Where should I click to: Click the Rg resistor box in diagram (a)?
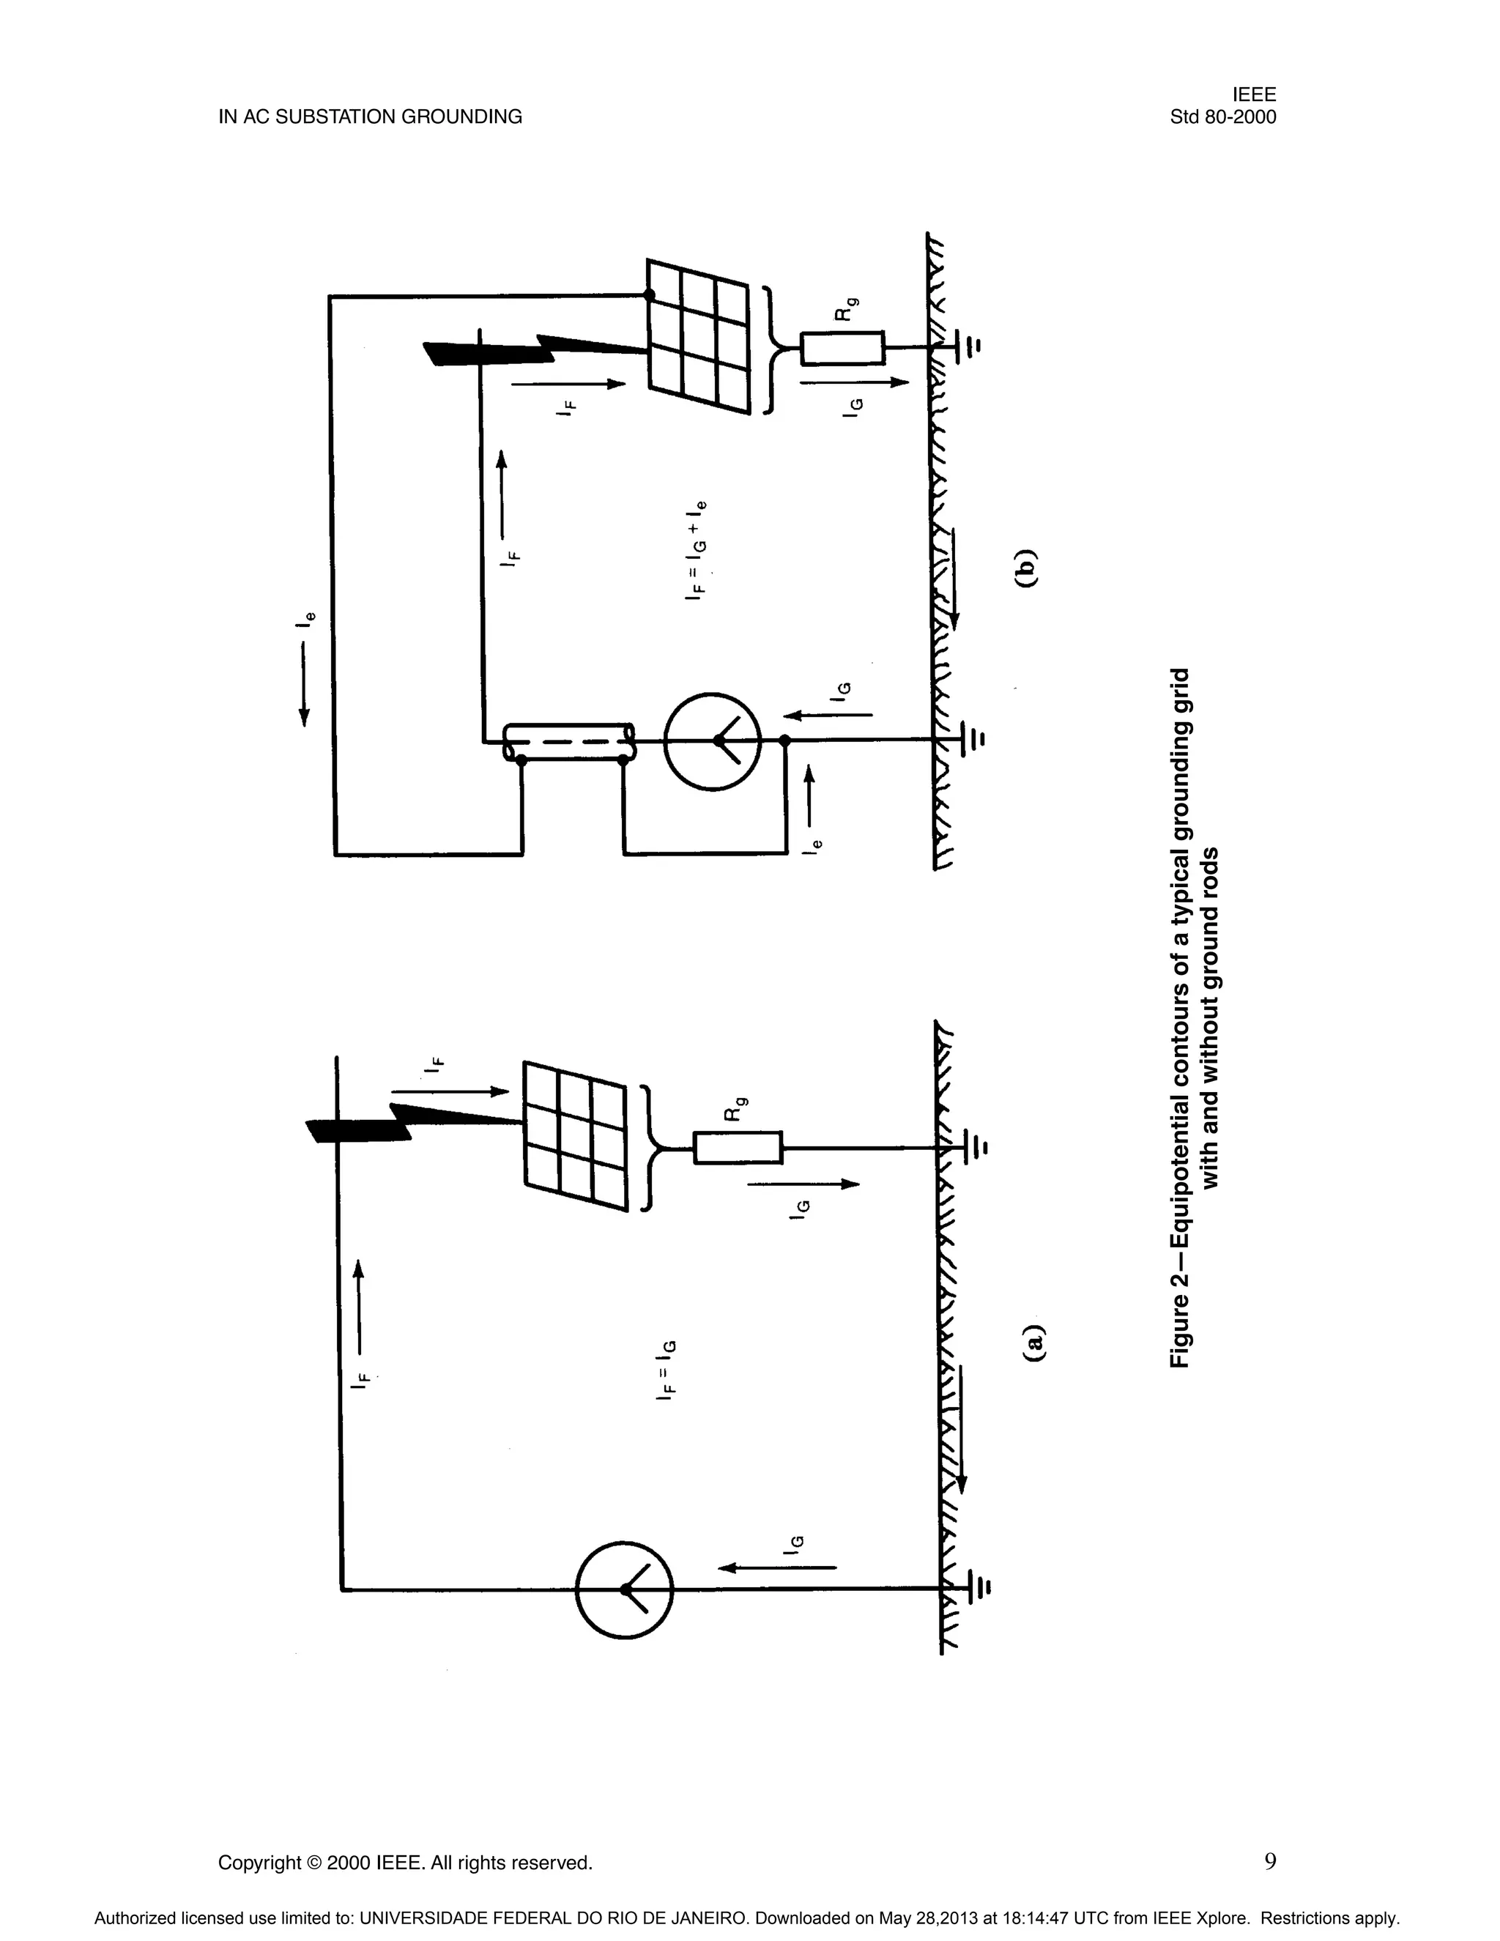tap(738, 1147)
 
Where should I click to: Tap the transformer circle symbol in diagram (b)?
tap(713, 741)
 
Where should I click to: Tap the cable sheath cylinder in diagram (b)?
tap(568, 742)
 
